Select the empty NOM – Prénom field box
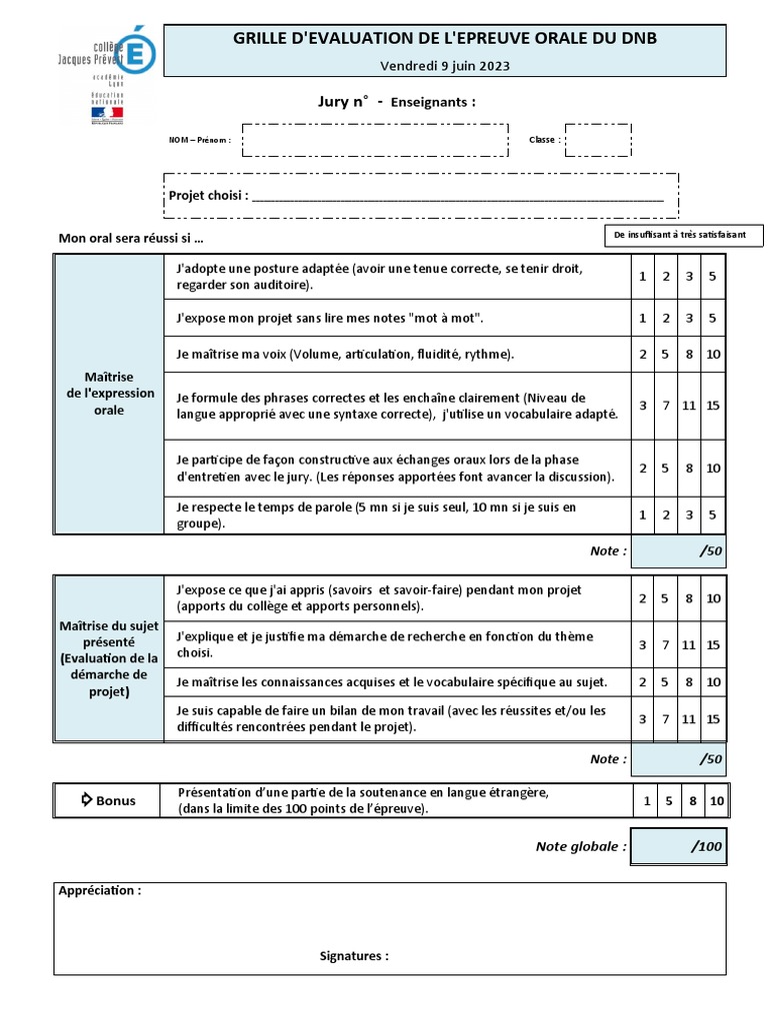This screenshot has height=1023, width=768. [x=374, y=140]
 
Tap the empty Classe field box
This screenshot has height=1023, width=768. [x=597, y=140]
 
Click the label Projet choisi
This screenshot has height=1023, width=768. [x=208, y=196]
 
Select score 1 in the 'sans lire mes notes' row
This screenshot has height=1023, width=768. [x=642, y=318]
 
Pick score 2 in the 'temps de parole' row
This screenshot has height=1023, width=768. [x=665, y=515]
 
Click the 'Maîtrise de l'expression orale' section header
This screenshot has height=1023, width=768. [x=109, y=394]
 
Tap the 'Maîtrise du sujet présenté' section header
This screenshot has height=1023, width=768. [x=109, y=658]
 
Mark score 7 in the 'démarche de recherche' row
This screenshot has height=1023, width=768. [x=665, y=645]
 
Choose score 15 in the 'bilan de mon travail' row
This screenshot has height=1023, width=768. [x=713, y=718]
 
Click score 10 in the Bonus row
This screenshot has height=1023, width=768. [x=716, y=800]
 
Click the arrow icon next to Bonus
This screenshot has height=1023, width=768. [x=85, y=800]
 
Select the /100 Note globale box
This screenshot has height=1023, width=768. [x=679, y=846]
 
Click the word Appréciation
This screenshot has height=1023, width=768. [x=100, y=890]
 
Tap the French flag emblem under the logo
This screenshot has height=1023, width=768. [x=107, y=113]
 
